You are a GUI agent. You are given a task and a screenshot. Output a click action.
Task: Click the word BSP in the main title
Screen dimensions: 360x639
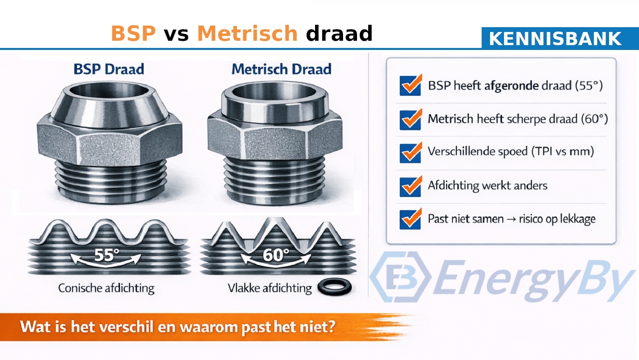[x=133, y=33]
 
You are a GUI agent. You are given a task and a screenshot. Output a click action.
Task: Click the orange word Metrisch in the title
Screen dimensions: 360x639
[x=247, y=33]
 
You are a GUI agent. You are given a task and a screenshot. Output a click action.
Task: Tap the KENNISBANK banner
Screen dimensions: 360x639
[x=555, y=39]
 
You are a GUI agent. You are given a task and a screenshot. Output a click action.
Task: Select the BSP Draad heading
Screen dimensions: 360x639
[x=109, y=69]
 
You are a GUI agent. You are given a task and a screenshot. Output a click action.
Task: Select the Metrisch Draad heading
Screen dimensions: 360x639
[x=282, y=69]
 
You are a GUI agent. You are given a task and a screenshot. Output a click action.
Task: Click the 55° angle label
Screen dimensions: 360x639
[x=106, y=255]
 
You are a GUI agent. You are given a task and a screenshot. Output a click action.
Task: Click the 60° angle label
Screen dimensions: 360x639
[x=276, y=255]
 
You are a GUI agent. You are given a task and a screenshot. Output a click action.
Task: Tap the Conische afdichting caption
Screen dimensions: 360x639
[x=106, y=288]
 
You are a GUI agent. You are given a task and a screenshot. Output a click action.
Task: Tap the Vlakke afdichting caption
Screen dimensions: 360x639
[x=270, y=288]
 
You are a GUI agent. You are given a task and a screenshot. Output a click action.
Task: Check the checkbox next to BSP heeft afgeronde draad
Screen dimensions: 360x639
[x=410, y=86]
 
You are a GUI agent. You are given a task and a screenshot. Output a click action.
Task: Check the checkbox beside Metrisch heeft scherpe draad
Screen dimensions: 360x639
[x=410, y=119]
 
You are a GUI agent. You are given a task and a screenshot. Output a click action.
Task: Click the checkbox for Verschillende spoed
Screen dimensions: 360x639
[x=410, y=152]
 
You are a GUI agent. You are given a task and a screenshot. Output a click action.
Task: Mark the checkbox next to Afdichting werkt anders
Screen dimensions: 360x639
[x=410, y=186]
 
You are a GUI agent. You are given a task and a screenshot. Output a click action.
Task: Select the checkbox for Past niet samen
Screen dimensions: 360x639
[x=410, y=219]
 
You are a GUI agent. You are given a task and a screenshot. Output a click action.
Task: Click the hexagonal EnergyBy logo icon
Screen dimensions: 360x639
[x=401, y=276]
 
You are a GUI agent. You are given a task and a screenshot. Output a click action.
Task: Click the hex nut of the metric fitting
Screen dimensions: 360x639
[x=275, y=138]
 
